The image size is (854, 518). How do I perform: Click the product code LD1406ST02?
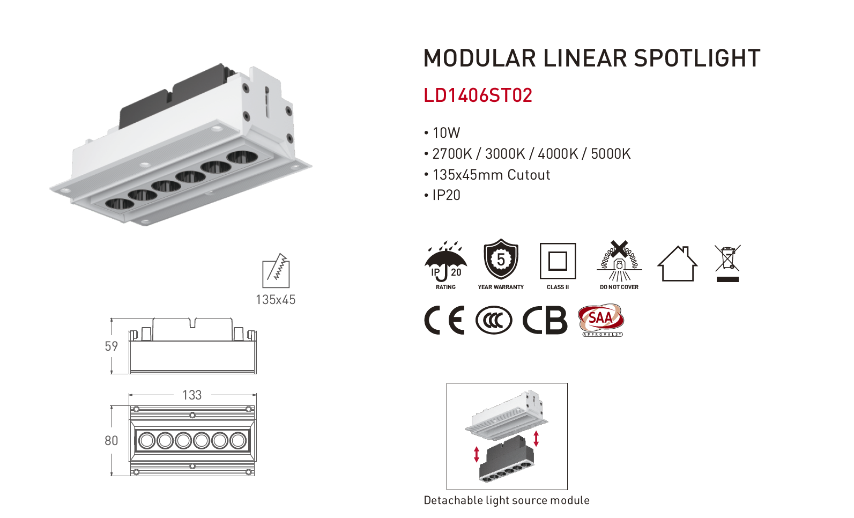pyautogui.click(x=478, y=95)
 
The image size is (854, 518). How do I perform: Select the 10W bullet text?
pyautogui.click(x=446, y=133)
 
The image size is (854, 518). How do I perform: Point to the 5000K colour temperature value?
pyautogui.click(x=611, y=154)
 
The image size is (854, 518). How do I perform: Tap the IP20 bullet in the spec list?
pyautogui.click(x=446, y=195)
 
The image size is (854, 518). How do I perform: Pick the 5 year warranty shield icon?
pyautogui.click(x=501, y=260)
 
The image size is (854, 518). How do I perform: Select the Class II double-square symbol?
pyautogui.click(x=558, y=261)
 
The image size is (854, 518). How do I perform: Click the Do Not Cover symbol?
pyautogui.click(x=619, y=261)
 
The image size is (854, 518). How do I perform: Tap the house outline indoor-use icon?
pyautogui.click(x=678, y=263)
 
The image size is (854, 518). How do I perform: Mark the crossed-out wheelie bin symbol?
pyautogui.click(x=727, y=263)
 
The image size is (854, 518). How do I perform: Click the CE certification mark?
pyautogui.click(x=444, y=321)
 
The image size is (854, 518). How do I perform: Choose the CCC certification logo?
pyautogui.click(x=494, y=321)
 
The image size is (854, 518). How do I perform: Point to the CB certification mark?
pyautogui.click(x=545, y=321)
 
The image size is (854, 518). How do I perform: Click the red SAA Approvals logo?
pyautogui.click(x=601, y=320)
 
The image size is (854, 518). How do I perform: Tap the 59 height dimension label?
pyautogui.click(x=112, y=346)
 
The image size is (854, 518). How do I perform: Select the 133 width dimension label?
pyautogui.click(x=192, y=395)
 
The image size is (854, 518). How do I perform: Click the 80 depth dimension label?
pyautogui.click(x=112, y=441)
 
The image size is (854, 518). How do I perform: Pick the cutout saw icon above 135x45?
pyautogui.click(x=276, y=271)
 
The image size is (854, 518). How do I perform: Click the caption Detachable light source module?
pyautogui.click(x=507, y=500)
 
